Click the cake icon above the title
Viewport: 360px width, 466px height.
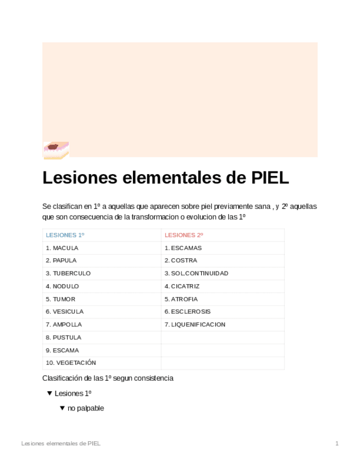click(56, 150)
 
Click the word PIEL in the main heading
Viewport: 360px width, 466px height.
click(270, 178)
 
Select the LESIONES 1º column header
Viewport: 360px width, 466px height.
click(65, 235)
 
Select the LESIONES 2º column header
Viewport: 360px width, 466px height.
click(184, 235)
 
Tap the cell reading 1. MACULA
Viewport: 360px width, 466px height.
click(62, 248)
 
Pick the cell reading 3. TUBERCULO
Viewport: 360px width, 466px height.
click(68, 273)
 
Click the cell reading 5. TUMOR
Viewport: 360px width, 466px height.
click(60, 299)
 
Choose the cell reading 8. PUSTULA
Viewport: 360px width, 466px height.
click(63, 337)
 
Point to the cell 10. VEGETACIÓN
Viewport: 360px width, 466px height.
click(71, 363)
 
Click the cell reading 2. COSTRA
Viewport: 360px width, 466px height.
click(181, 260)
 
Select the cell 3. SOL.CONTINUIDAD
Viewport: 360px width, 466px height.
click(196, 273)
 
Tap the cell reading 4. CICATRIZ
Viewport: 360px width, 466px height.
click(182, 286)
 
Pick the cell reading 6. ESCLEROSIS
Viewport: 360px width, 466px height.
click(187, 312)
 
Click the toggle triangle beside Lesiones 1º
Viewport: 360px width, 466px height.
click(49, 393)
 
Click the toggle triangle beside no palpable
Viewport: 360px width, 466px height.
click(62, 408)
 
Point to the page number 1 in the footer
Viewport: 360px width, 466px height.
click(337, 443)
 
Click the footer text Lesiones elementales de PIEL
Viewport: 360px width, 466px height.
click(60, 443)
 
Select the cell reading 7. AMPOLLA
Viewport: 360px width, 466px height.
click(64, 325)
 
